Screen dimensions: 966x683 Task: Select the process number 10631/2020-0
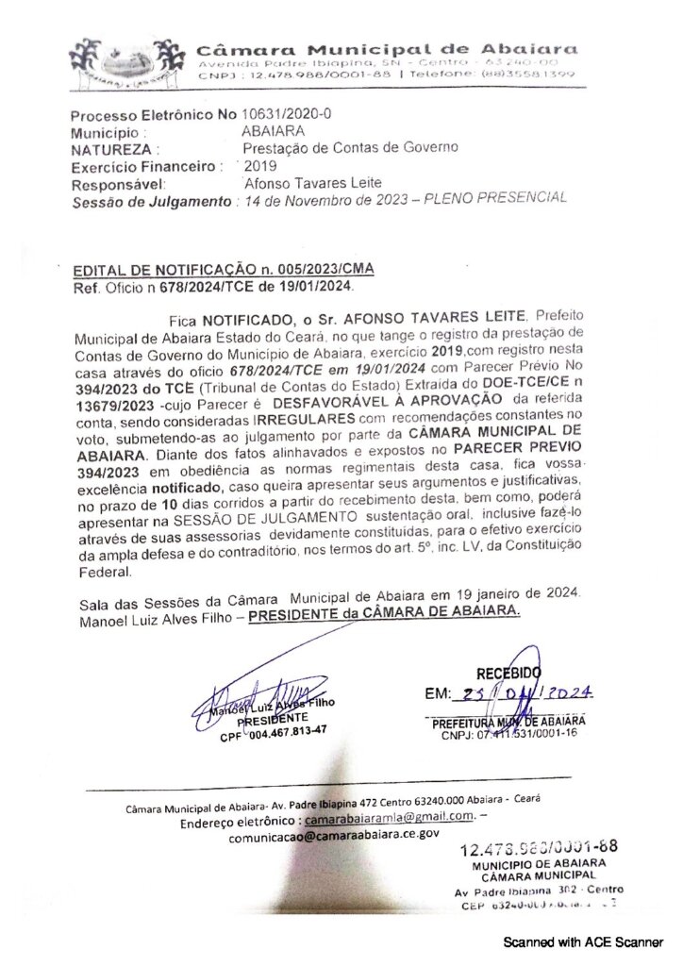pos(287,115)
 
